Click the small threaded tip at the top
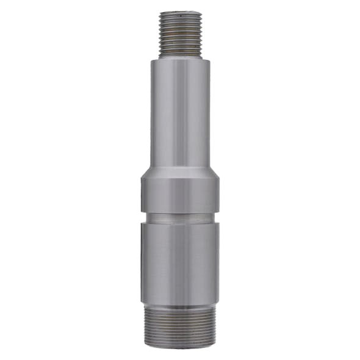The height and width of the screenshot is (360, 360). point(180,34)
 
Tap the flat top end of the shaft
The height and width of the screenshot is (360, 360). point(180,12)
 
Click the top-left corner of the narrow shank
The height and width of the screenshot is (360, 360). point(151,60)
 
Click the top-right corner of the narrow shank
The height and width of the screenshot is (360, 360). point(209,60)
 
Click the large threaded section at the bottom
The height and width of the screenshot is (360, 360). point(180,326)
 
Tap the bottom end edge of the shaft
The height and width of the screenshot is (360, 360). point(180,347)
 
